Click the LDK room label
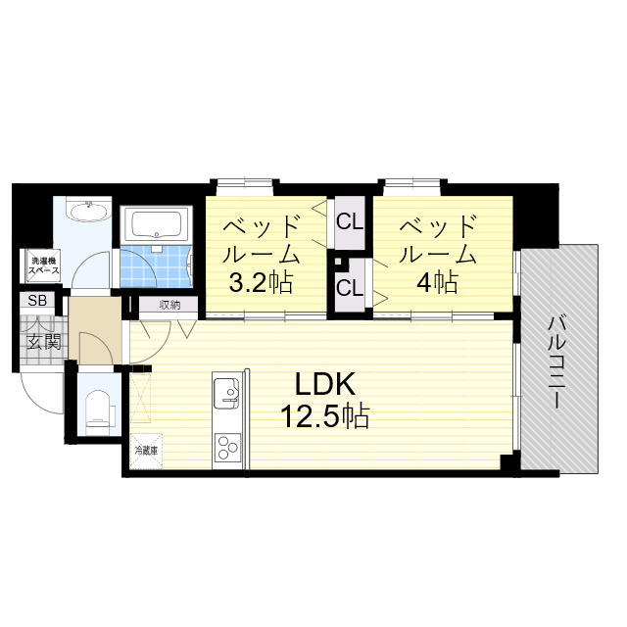pos(324,384)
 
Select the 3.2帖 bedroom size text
pos(261,282)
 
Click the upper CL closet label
pos(350,221)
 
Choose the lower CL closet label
pos(350,287)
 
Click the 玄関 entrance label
pos(43,342)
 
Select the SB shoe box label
pos(37,300)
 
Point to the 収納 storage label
pos(169,305)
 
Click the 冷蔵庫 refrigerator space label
pos(146,452)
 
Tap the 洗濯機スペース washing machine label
pos(43,265)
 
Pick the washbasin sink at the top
pos(87,210)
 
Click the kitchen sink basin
pos(226,392)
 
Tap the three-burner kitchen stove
pos(227,448)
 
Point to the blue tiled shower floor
pos(156,266)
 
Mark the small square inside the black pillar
pos(338,262)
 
